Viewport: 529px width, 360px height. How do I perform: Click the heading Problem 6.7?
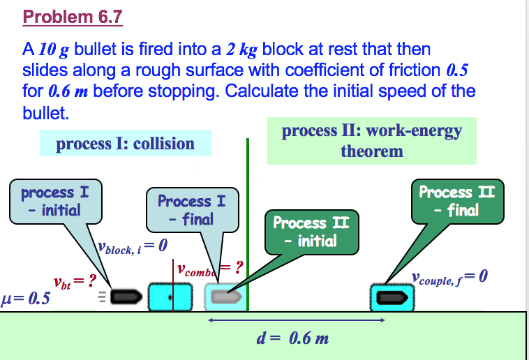click(x=73, y=16)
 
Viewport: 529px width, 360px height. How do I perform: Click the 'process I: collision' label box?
click(x=125, y=144)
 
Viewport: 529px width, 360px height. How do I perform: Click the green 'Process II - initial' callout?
click(x=310, y=232)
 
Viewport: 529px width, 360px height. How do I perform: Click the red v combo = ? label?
click(x=209, y=267)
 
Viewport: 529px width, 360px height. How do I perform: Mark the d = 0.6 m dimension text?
click(x=292, y=339)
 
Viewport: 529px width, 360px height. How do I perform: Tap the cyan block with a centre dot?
click(x=171, y=297)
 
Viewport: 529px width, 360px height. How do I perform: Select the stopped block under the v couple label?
click(x=392, y=298)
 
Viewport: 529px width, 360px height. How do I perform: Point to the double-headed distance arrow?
click(x=297, y=320)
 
